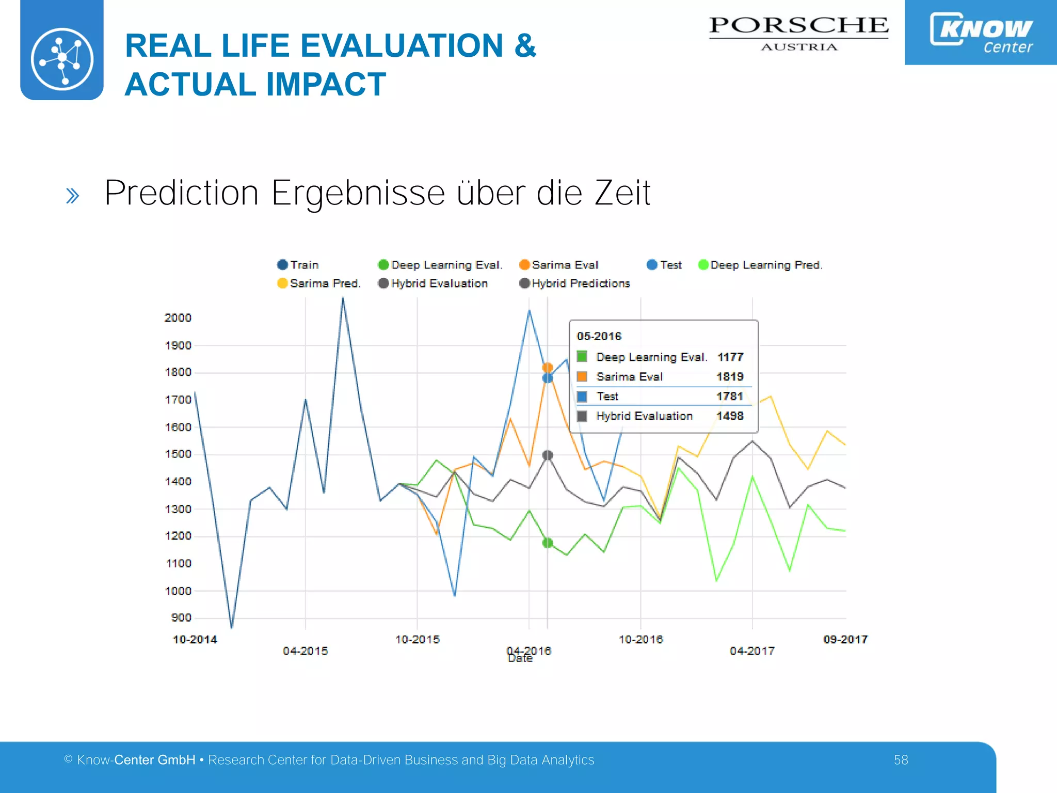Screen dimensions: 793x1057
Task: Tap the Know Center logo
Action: [981, 32]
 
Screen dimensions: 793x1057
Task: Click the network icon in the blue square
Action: [62, 58]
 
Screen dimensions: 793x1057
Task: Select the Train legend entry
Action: [298, 265]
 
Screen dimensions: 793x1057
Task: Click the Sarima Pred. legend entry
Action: [319, 283]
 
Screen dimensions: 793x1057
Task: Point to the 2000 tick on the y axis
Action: [178, 318]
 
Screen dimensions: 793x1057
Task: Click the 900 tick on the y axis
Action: [181, 618]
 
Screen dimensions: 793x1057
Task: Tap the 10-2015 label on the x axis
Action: [417, 640]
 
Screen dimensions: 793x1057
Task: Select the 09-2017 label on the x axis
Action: [845, 640]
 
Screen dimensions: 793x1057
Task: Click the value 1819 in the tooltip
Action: [730, 377]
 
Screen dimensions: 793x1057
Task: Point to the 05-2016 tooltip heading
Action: [599, 337]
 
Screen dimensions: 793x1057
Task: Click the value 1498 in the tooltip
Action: [730, 416]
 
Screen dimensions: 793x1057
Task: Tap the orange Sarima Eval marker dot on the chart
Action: [548, 368]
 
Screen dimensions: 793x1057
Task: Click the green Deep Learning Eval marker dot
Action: [548, 543]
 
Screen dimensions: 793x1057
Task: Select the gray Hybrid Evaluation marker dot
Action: [548, 455]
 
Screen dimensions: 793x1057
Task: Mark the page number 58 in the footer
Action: [901, 760]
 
